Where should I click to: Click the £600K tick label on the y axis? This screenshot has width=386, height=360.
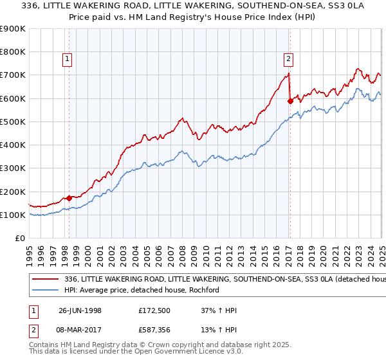coord(13,98)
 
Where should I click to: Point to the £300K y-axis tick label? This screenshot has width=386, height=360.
coord(13,168)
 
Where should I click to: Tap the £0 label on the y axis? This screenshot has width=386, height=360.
coord(21,239)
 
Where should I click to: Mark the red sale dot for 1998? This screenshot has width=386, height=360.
coord(69,198)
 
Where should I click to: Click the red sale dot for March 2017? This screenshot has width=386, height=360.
coord(290,101)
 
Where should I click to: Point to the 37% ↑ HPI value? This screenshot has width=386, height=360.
coord(219,311)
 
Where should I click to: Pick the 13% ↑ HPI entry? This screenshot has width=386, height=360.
coord(219,330)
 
